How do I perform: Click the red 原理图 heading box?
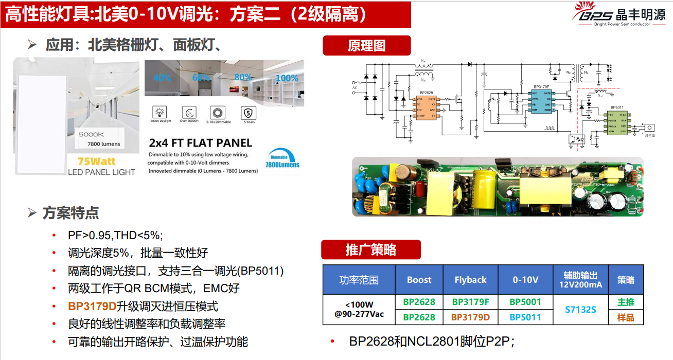pyautogui.click(x=366, y=45)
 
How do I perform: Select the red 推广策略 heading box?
pyautogui.click(x=371, y=250)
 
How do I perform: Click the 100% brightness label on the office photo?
pyautogui.click(x=287, y=78)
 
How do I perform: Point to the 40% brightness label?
pyautogui.click(x=162, y=78)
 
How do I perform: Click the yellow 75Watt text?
pyautogui.click(x=96, y=161)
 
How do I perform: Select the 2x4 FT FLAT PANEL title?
pyautogui.click(x=200, y=143)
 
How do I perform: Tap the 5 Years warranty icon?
pyautogui.click(x=249, y=115)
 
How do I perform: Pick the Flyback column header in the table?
pyautogui.click(x=470, y=280)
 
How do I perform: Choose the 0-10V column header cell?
pyautogui.click(x=525, y=280)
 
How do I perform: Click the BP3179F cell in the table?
pyautogui.click(x=470, y=302)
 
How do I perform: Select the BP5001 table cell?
pyautogui.click(x=525, y=302)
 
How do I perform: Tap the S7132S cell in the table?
pyautogui.click(x=580, y=310)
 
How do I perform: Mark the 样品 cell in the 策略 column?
pyautogui.click(x=626, y=317)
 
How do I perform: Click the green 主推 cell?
pyautogui.click(x=626, y=302)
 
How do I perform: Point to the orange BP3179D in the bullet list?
pyautogui.click(x=92, y=307)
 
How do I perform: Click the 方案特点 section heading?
pyautogui.click(x=70, y=213)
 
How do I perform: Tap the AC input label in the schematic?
pyautogui.click(x=354, y=87)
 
